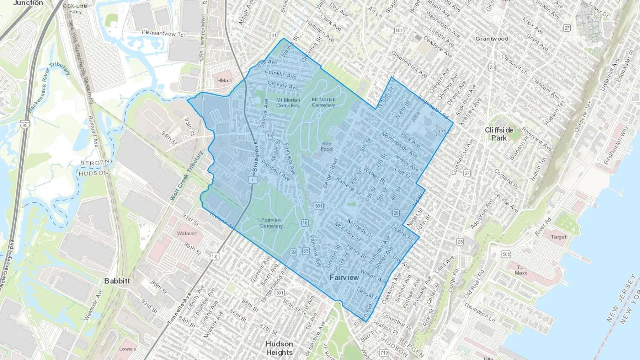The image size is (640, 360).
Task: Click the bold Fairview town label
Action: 344,278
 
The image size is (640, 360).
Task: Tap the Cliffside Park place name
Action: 499,134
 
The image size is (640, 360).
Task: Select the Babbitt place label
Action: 117,281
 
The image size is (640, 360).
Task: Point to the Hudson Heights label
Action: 279,348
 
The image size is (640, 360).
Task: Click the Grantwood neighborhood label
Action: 492,39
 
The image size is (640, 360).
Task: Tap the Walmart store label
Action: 187,233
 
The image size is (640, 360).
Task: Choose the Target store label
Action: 558,237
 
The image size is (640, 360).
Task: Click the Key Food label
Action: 326,146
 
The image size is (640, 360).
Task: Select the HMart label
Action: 224,81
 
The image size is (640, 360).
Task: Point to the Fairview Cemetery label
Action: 271,223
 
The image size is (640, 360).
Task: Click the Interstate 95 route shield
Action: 25,125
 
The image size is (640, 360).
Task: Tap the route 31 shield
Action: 273,35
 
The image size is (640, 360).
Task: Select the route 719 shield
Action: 384,353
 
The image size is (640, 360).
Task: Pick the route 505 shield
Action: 506,254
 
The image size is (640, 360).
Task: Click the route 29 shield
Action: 396,213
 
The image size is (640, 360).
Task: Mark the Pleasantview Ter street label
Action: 164,33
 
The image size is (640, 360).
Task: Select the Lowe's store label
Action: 127,349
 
